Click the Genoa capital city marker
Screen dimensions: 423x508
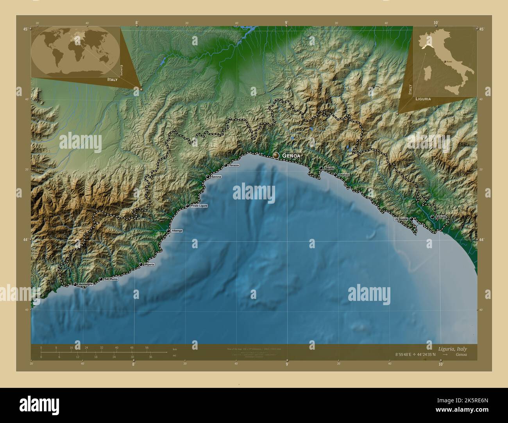point(276,155)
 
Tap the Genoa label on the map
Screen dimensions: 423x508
point(292,156)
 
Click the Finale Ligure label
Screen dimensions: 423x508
point(199,206)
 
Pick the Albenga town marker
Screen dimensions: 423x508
point(168,231)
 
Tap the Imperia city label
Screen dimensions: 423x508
point(149,265)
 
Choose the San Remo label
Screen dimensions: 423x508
point(111,279)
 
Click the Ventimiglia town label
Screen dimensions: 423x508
point(86,284)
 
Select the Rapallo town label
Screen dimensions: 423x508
point(329,168)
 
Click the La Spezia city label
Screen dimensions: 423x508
point(401,219)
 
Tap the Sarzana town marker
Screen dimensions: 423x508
point(432,217)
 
